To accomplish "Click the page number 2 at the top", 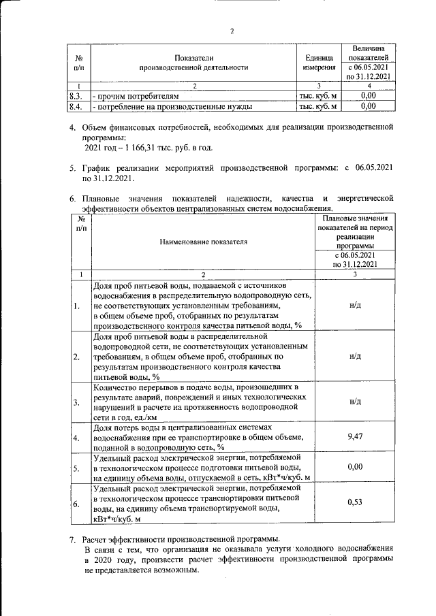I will (232, 31).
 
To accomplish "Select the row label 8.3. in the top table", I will (76, 96).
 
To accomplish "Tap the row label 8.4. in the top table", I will (76, 106).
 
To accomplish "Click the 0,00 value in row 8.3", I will (368, 96).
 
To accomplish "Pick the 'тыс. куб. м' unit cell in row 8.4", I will (319, 106).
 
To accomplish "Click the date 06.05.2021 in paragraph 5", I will (371, 167).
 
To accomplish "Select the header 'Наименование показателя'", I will (204, 241).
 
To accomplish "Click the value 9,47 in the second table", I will (354, 436).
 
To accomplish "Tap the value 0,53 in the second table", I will (354, 502).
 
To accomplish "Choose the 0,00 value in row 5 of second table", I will (354, 468).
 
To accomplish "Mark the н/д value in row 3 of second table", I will (354, 402).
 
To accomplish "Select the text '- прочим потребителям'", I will (138, 96).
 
